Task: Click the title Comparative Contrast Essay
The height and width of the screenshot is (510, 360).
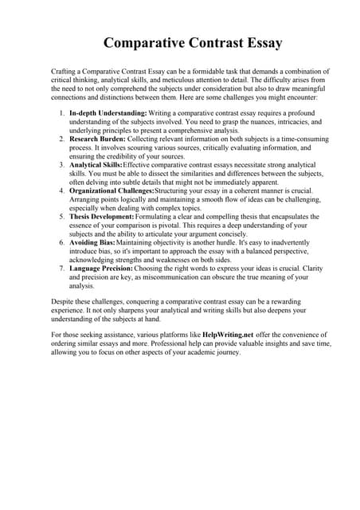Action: pos(181,41)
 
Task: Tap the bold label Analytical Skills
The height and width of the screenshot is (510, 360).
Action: pos(100,164)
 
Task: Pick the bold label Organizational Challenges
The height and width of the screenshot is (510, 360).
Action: pos(121,191)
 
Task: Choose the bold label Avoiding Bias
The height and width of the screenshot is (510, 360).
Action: pos(92,241)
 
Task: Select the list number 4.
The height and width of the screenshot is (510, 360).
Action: pos(61,191)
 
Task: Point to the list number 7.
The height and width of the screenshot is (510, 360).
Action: pos(61,267)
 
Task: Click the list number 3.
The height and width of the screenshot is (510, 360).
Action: pos(61,164)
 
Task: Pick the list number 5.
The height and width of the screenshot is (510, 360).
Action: pos(61,216)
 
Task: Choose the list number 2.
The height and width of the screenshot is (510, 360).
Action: pos(61,139)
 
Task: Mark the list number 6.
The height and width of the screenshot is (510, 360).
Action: pos(61,241)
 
